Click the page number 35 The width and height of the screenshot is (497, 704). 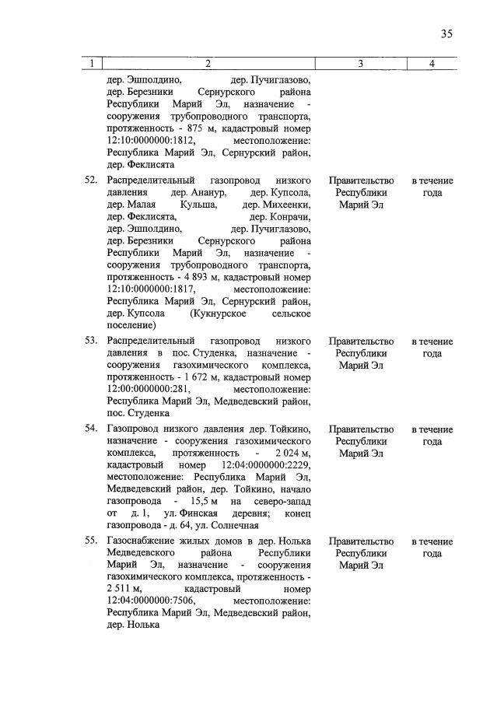point(446,33)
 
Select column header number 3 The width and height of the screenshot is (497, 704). point(361,64)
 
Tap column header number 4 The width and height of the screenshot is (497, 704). point(432,64)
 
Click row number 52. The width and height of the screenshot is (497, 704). point(89,180)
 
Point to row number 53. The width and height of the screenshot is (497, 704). point(89,341)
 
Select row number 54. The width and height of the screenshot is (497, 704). point(89,429)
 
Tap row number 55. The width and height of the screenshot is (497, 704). point(89,541)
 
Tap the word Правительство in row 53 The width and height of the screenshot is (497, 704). point(361,341)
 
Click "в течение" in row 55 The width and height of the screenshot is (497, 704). point(432,541)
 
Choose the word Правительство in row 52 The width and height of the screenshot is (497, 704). point(361,180)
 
